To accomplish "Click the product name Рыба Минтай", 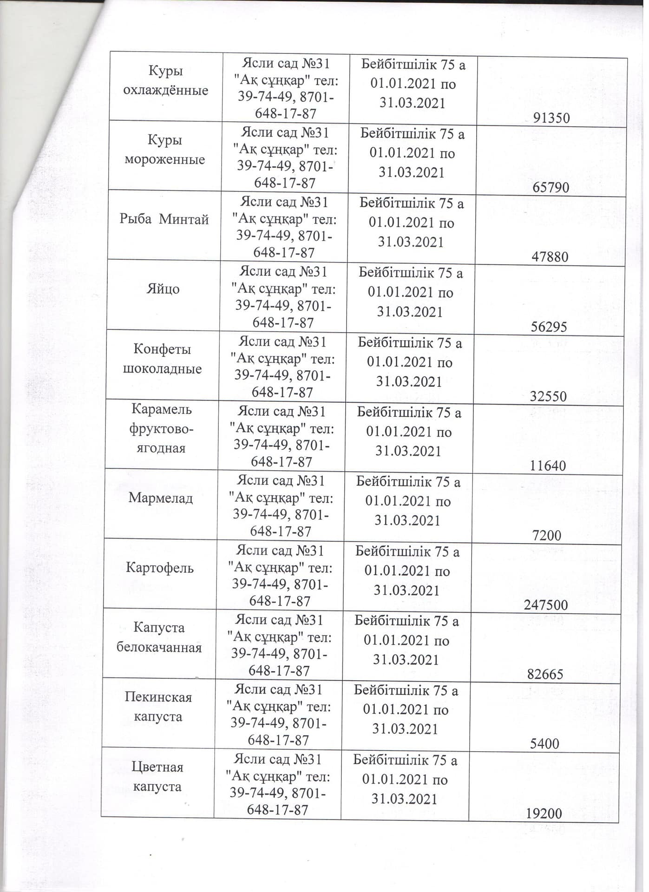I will pyautogui.click(x=164, y=219).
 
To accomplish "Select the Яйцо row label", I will pyautogui.click(x=163, y=289).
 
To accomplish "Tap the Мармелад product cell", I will pyautogui.click(x=160, y=498).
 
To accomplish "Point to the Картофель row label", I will pyautogui.click(x=159, y=568).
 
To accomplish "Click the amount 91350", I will pyautogui.click(x=551, y=118).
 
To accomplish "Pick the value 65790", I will pyautogui.click(x=551, y=188).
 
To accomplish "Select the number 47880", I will pyautogui.click(x=550, y=257).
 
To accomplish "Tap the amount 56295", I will pyautogui.click(x=549, y=327).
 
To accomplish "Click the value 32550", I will pyautogui.click(x=549, y=396).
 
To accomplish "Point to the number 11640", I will pyautogui.click(x=548, y=466).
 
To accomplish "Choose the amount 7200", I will pyautogui.click(x=547, y=536).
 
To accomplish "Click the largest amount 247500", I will pyautogui.click(x=546, y=605).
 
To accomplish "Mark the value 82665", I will pyautogui.click(x=545, y=675).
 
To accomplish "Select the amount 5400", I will pyautogui.click(x=545, y=744).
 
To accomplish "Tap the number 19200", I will pyautogui.click(x=544, y=813).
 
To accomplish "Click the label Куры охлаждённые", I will pyautogui.click(x=165, y=80).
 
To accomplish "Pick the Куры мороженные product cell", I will pyautogui.click(x=164, y=150).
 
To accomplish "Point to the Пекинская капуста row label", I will pyautogui.click(x=158, y=707).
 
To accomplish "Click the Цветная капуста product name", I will pyautogui.click(x=157, y=777).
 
